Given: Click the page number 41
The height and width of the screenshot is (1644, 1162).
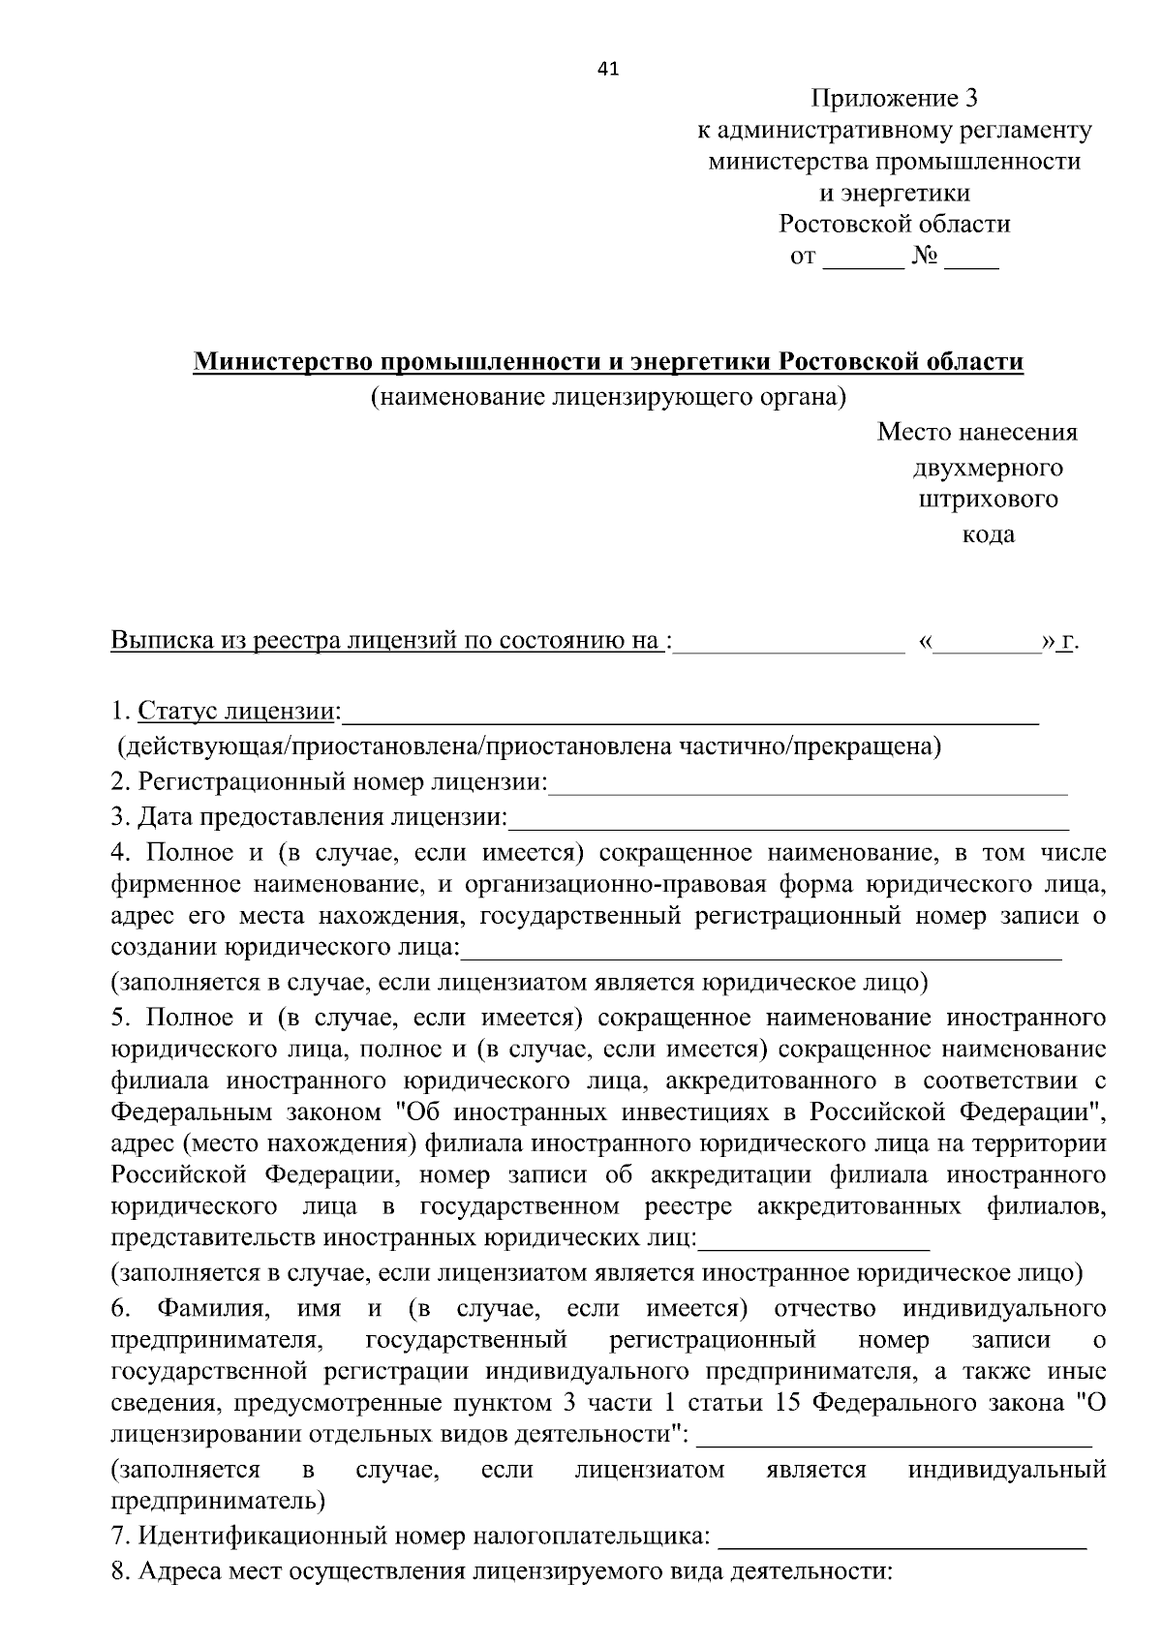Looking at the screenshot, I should [x=609, y=69].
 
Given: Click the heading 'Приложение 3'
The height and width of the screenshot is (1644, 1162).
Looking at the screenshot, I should [x=895, y=99].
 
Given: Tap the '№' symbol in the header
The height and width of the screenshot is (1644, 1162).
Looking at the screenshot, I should [x=925, y=258].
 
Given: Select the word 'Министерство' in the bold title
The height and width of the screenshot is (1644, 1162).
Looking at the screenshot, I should [x=283, y=362].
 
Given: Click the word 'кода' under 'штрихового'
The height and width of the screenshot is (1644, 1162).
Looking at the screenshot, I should [x=988, y=534].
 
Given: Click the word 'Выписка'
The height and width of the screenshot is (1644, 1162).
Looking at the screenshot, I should [x=155, y=641].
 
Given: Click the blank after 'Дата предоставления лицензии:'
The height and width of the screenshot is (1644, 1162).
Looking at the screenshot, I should [x=788, y=822].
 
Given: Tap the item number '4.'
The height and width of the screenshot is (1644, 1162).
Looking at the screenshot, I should [x=120, y=853].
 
